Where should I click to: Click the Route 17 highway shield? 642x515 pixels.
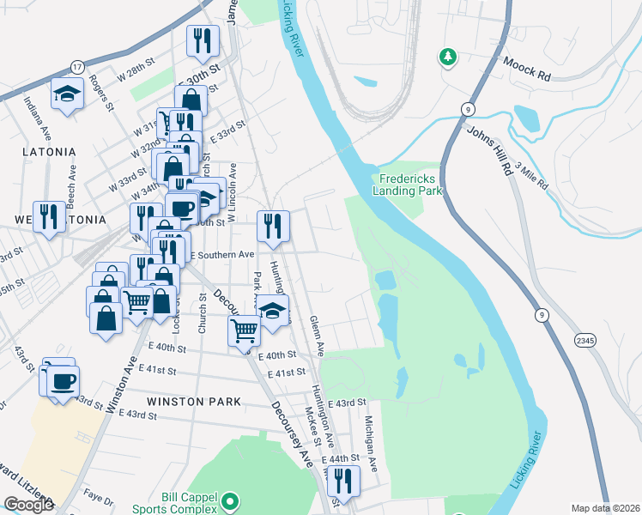tap(76, 66)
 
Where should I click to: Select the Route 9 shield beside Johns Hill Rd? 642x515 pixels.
tap(468, 108)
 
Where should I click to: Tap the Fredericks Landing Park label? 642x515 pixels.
tap(408, 185)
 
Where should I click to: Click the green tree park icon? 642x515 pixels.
tap(446, 58)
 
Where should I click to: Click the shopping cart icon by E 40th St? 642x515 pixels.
tap(245, 330)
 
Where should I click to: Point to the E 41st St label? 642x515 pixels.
tap(287, 373)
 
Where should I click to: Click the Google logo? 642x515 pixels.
tap(27, 505)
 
